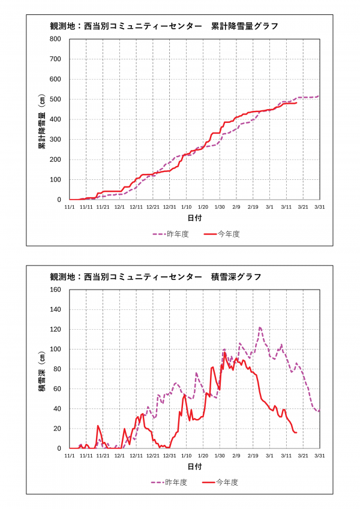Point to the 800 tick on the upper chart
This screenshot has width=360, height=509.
tap(55, 39)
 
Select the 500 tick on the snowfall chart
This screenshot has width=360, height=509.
tap(55, 99)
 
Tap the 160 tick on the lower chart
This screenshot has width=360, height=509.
tap(55, 290)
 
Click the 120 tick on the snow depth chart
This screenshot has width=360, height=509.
tap(55, 329)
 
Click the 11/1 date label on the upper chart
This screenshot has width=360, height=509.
tap(70, 207)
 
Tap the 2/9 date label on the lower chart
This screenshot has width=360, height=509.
tap(236, 456)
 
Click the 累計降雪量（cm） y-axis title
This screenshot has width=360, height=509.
tap(43, 119)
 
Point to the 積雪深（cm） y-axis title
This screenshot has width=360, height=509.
tap(43, 369)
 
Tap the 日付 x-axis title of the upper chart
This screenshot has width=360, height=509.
tap(194, 217)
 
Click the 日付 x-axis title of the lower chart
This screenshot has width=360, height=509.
tap(194, 466)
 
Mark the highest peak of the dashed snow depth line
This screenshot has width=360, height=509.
tap(260, 327)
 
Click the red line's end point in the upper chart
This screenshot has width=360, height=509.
tap(296, 103)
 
